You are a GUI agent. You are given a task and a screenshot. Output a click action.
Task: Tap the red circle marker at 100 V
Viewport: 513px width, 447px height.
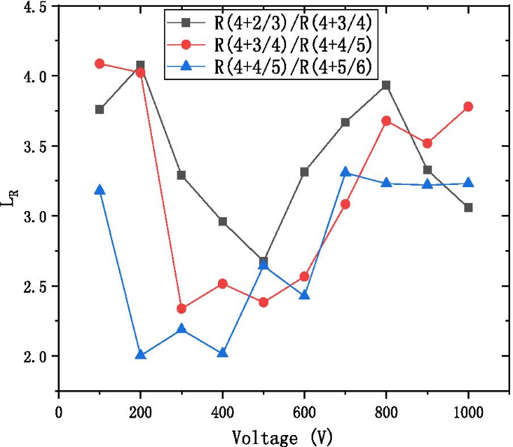(x=100, y=64)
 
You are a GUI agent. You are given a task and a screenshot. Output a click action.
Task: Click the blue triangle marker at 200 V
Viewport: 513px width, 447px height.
(x=140, y=354)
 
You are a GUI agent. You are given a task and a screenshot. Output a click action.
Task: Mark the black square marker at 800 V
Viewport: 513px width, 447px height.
(x=386, y=85)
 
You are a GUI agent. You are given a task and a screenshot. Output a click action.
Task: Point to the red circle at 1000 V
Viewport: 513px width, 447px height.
(x=468, y=106)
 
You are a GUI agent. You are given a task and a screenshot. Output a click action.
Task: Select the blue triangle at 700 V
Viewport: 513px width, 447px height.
(x=345, y=171)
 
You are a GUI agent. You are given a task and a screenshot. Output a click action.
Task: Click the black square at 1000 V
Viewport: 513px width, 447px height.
(x=468, y=207)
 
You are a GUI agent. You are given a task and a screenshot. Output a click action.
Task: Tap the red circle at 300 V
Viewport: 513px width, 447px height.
(x=181, y=308)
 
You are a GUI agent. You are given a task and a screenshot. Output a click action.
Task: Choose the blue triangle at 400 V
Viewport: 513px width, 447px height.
(x=222, y=352)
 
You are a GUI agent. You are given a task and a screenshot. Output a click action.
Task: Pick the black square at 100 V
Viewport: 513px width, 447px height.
(x=100, y=109)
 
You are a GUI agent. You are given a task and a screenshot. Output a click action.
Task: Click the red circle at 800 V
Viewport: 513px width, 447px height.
(x=386, y=121)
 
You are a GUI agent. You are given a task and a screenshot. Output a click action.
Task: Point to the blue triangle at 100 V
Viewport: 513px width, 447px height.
(x=100, y=189)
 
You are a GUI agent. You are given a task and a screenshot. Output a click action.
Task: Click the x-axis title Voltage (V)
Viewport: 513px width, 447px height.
(x=283, y=437)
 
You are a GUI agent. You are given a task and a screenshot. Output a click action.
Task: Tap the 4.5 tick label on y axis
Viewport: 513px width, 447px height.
(x=32, y=7)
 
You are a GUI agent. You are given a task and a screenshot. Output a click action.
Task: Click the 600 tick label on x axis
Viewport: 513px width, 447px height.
(x=304, y=411)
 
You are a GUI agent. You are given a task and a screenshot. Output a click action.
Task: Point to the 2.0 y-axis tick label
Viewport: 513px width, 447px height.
(x=32, y=357)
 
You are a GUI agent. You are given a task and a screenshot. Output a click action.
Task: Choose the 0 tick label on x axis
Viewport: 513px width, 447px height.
(x=59, y=411)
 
